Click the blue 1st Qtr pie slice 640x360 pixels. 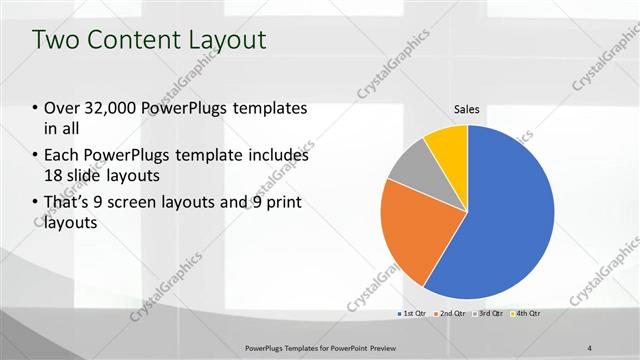click(x=505, y=220)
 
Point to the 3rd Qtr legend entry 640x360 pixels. click(x=489, y=314)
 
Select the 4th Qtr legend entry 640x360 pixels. click(x=528, y=314)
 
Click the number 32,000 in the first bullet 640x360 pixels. click(x=110, y=108)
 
